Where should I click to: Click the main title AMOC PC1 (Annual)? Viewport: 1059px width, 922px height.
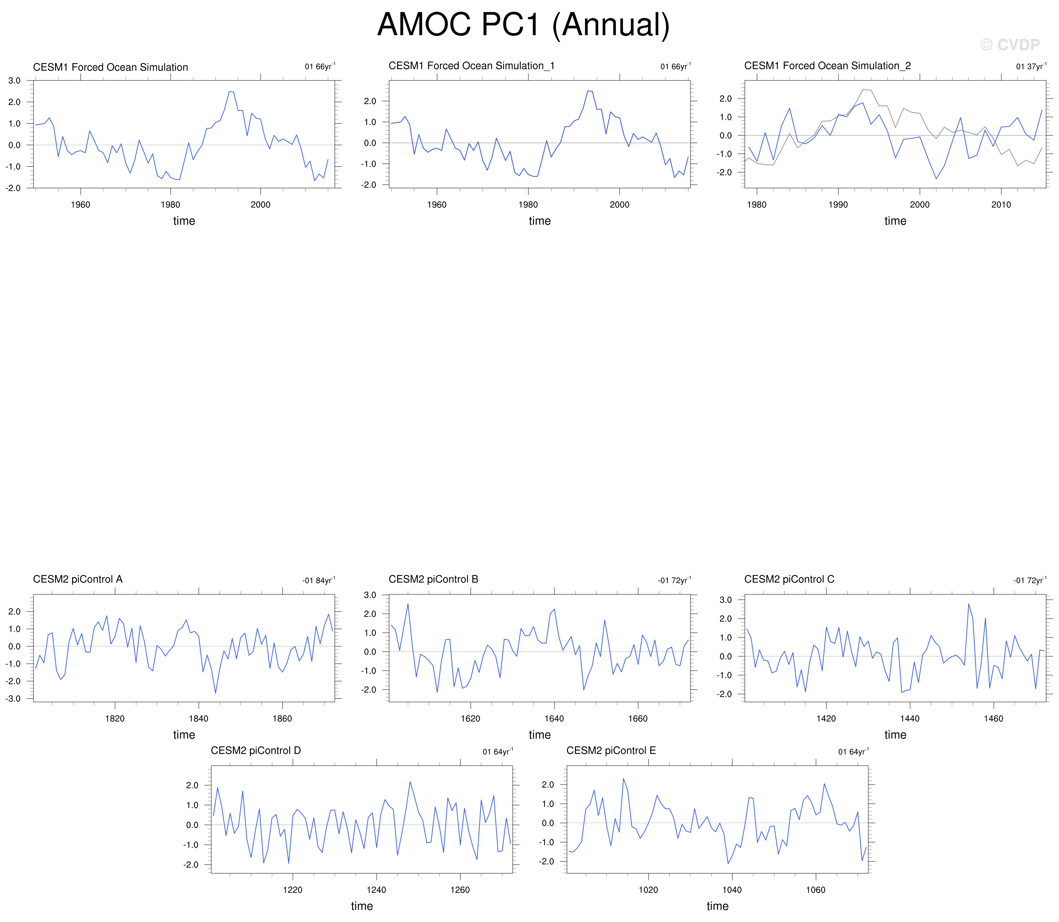pyautogui.click(x=523, y=24)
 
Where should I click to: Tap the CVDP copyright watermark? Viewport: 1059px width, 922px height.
pyautogui.click(x=1010, y=45)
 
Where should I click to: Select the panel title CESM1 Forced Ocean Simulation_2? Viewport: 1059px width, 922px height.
pyautogui.click(x=828, y=66)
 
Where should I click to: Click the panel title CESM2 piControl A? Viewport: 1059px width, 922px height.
pyautogui.click(x=78, y=579)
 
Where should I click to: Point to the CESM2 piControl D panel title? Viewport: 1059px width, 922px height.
pyautogui.click(x=256, y=751)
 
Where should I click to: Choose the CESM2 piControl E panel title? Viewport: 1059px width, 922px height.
pyautogui.click(x=611, y=751)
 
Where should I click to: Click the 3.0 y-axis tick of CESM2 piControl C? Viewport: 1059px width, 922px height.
pyautogui.click(x=726, y=600)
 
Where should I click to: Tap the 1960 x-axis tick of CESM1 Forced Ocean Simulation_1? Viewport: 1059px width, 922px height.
pyautogui.click(x=437, y=205)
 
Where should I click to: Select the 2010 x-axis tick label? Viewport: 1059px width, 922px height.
pyautogui.click(x=1001, y=205)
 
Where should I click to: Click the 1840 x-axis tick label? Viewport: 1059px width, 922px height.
pyautogui.click(x=199, y=719)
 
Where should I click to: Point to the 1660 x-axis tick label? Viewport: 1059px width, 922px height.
pyautogui.click(x=638, y=719)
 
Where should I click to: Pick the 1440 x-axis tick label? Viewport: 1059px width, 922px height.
pyautogui.click(x=910, y=719)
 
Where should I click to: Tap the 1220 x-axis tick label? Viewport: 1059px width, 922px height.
pyautogui.click(x=293, y=890)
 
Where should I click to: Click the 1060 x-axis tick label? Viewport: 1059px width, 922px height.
pyautogui.click(x=816, y=890)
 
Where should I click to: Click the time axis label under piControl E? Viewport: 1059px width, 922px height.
pyautogui.click(x=717, y=906)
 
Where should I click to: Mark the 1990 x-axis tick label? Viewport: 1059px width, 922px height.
pyautogui.click(x=838, y=205)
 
